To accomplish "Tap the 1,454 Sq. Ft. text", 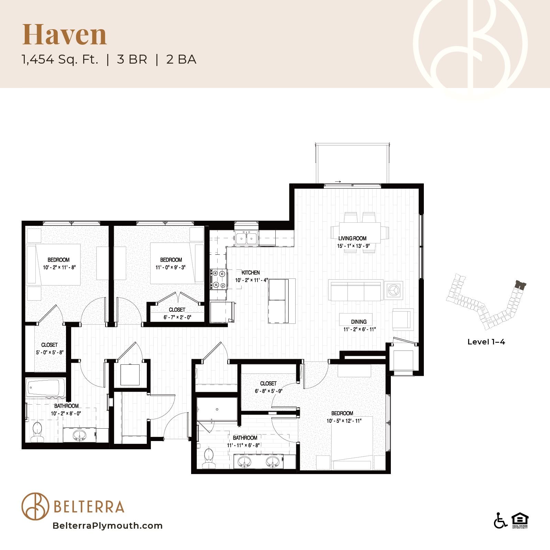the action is click(60, 59).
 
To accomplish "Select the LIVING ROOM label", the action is click(352, 238).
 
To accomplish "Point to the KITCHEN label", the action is click(251, 273).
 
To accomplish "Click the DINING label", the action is click(359, 322).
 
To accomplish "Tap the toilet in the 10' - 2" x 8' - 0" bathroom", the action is click(36, 432).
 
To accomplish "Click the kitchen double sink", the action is click(246, 238).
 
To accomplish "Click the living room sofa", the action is click(356, 290).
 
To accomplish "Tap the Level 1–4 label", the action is click(486, 342).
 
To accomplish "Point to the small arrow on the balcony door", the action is click(338, 181).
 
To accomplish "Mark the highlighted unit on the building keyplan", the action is click(521, 285).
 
